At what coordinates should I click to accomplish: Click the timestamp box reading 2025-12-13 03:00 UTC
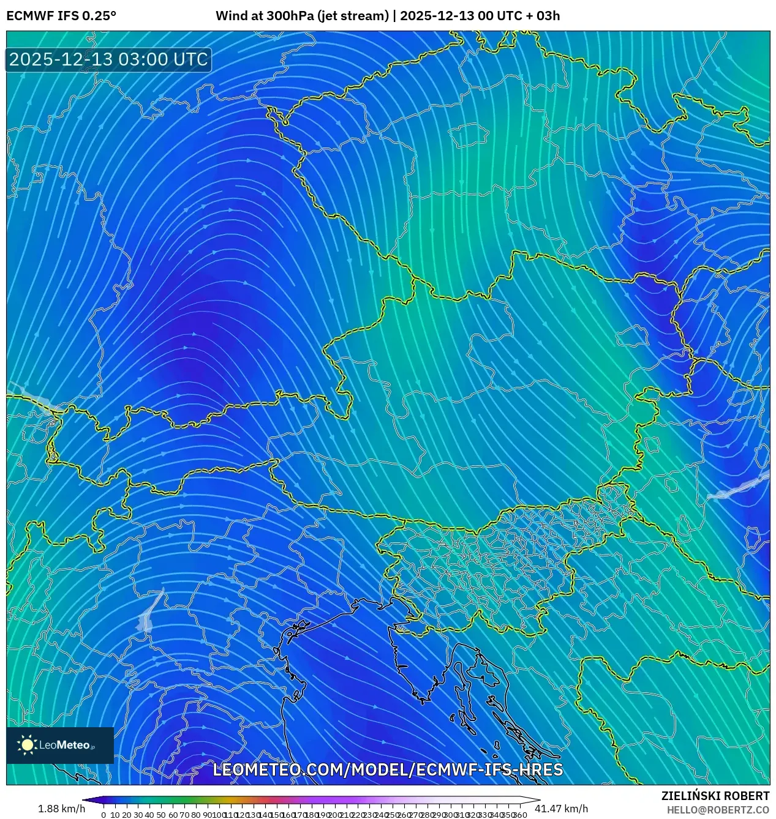pyautogui.click(x=108, y=59)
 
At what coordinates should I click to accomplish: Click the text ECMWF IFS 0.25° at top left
pyautogui.click(x=61, y=16)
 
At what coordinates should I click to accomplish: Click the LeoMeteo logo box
pyautogui.click(x=60, y=745)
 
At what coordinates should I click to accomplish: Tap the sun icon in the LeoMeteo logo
pyautogui.click(x=27, y=745)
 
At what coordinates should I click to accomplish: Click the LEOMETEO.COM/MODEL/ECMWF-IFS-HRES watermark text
pyautogui.click(x=388, y=769)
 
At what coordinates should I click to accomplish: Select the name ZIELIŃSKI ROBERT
pyautogui.click(x=715, y=796)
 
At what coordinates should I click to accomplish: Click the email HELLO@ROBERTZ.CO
pyautogui.click(x=718, y=810)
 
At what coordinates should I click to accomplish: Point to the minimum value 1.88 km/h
pyautogui.click(x=61, y=809)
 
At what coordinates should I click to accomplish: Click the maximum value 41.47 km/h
pyautogui.click(x=561, y=809)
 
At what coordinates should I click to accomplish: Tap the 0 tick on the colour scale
pyautogui.click(x=104, y=815)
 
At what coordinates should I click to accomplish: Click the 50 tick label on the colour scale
pyautogui.click(x=161, y=815)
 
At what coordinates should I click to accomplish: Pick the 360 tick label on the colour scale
pyautogui.click(x=520, y=815)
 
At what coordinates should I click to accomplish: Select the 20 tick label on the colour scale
pyautogui.click(x=126, y=815)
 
